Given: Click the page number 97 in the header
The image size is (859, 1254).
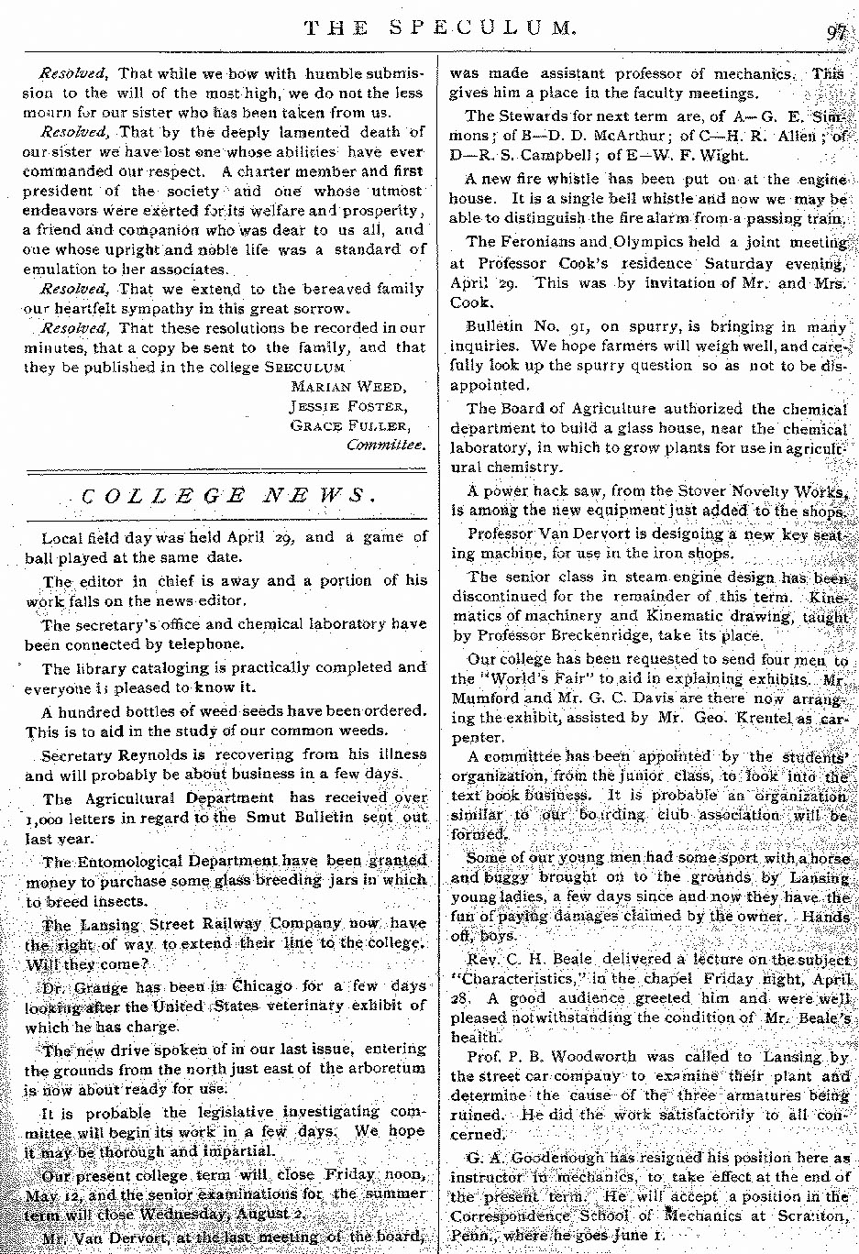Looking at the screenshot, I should click(x=836, y=31).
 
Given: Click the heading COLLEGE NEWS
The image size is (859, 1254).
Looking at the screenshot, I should click(x=227, y=497).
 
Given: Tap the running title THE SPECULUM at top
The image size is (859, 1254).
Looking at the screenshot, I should click(x=440, y=28).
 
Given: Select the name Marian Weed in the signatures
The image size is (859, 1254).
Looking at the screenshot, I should click(x=349, y=387).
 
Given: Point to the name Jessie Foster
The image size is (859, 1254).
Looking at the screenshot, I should click(x=349, y=406).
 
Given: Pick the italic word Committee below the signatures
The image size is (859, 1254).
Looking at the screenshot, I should click(x=386, y=445).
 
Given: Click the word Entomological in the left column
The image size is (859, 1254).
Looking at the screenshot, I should click(x=128, y=861).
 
